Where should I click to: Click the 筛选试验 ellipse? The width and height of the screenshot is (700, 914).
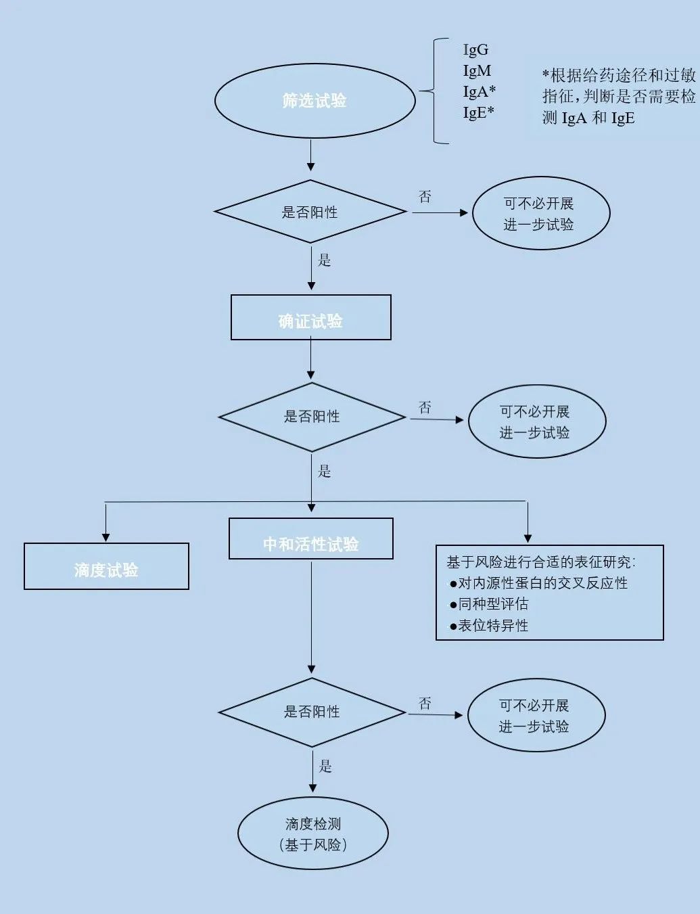coord(314,101)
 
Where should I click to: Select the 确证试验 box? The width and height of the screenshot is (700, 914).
coord(310,318)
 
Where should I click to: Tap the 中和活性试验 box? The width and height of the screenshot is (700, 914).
coord(310,539)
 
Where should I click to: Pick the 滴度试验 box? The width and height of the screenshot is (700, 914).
coord(106,567)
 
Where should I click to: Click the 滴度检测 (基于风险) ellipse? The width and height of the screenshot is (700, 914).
coord(312,833)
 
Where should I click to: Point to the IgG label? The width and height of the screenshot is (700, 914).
coord(475,50)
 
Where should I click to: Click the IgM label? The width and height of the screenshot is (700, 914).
coord(477,71)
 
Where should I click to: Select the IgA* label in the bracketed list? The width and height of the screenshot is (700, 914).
coord(479,92)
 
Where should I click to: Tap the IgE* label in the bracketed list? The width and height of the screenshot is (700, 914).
coord(478,112)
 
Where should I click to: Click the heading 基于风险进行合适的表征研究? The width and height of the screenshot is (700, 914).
coord(540,562)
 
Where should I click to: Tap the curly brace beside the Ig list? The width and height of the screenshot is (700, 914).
coord(433,91)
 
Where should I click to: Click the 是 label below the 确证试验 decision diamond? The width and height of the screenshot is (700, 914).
coord(325,471)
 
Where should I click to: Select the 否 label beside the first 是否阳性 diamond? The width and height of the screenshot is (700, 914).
coord(425,197)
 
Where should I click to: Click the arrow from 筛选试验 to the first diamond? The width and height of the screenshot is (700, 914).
coord(310,156)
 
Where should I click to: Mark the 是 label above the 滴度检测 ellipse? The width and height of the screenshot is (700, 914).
coord(325,766)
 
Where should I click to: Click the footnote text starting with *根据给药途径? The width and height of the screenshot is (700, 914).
coord(618,97)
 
